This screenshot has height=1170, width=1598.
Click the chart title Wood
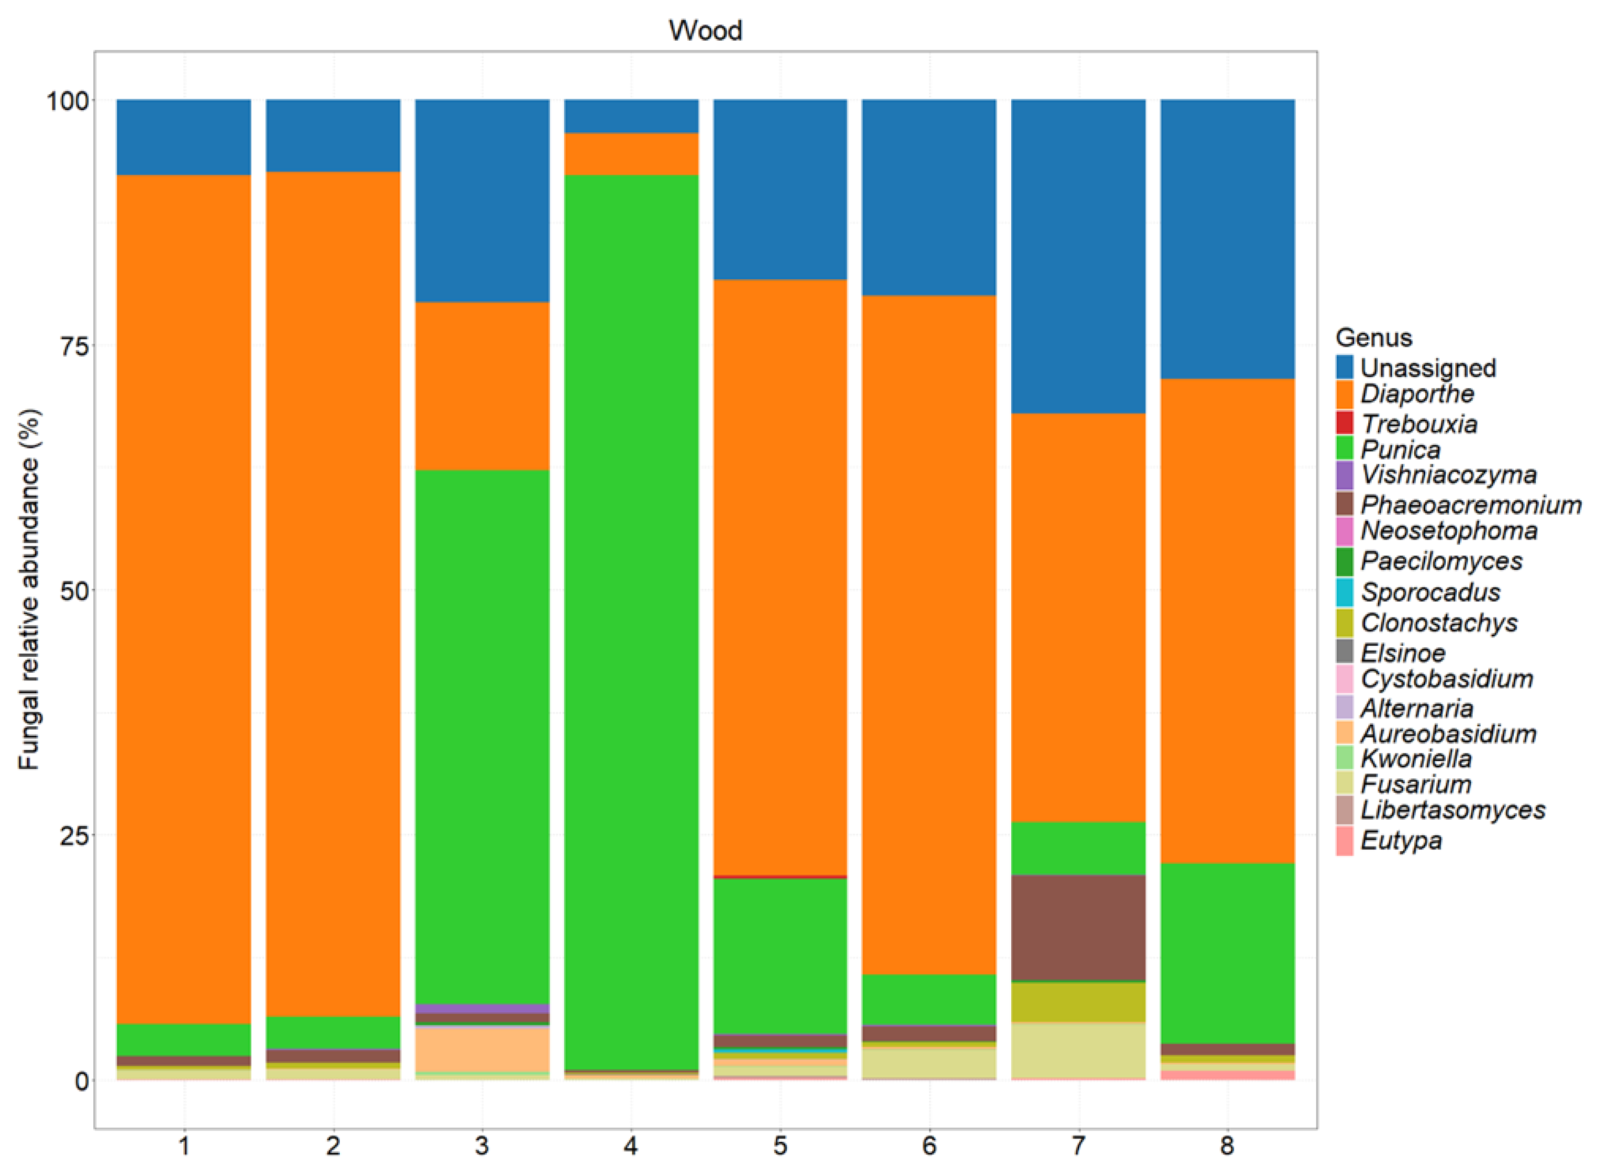click(x=705, y=31)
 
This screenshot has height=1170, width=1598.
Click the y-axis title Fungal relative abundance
click(x=29, y=589)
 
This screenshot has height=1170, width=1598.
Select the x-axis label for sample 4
click(x=631, y=1145)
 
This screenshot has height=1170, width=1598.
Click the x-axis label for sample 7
click(x=1078, y=1145)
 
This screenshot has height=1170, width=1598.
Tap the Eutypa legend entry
click(x=1400, y=841)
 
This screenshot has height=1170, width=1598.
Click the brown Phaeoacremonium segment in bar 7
click(x=1078, y=928)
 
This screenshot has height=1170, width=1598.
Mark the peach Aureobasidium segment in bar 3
click(x=482, y=1049)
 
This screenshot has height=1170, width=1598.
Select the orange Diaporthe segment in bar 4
click(x=631, y=154)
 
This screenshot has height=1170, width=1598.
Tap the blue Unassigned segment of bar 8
click(x=1227, y=239)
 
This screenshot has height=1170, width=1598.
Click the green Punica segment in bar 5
click(x=780, y=956)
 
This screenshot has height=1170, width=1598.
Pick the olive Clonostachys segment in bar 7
click(x=1078, y=1001)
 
